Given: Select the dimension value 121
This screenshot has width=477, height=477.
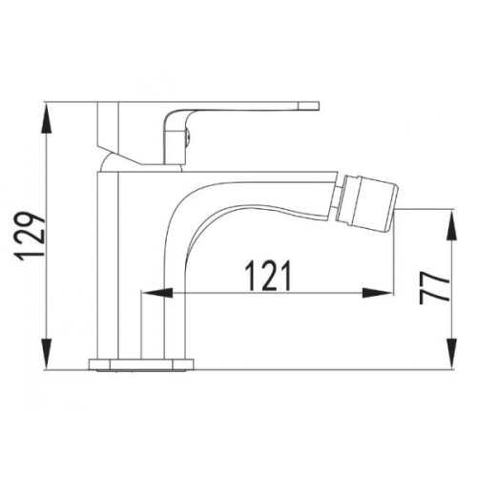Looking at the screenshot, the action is click(x=268, y=276).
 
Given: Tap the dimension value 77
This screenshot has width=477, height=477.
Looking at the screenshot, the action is click(x=434, y=288).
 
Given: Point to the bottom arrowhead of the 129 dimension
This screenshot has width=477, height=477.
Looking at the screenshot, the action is click(x=47, y=355).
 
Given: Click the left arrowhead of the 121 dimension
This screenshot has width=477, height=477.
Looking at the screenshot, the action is click(x=157, y=293).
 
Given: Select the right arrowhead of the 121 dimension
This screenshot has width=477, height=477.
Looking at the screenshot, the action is click(x=378, y=293).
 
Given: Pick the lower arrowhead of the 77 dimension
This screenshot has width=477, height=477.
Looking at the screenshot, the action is click(x=451, y=354).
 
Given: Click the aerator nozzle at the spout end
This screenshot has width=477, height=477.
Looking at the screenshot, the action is click(x=366, y=202).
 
